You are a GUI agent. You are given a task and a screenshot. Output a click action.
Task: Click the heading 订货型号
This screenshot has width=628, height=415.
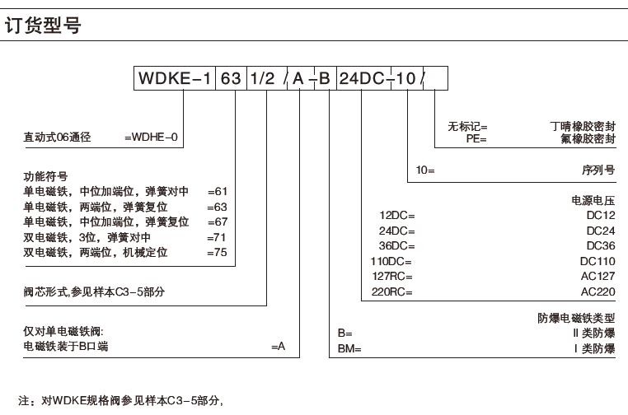(x=44, y=27)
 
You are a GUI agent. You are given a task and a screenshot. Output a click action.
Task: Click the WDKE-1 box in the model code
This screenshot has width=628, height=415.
(x=175, y=80)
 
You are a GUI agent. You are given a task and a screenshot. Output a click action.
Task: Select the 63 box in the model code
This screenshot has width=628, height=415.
(x=232, y=80)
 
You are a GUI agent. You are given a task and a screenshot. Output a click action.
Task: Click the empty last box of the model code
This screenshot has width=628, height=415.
(x=436, y=80)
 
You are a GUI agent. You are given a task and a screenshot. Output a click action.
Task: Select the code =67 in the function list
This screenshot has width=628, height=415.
(x=217, y=223)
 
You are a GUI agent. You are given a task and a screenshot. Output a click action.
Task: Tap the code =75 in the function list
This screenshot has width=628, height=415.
(x=217, y=253)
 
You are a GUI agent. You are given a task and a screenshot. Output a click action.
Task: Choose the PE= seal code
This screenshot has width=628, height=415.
(x=476, y=140)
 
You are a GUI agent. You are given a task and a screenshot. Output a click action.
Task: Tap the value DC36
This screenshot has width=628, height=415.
(x=600, y=245)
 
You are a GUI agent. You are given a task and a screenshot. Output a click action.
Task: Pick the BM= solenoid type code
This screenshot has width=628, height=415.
(x=349, y=348)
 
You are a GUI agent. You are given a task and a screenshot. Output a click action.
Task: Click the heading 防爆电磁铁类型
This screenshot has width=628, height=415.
(x=571, y=319)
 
